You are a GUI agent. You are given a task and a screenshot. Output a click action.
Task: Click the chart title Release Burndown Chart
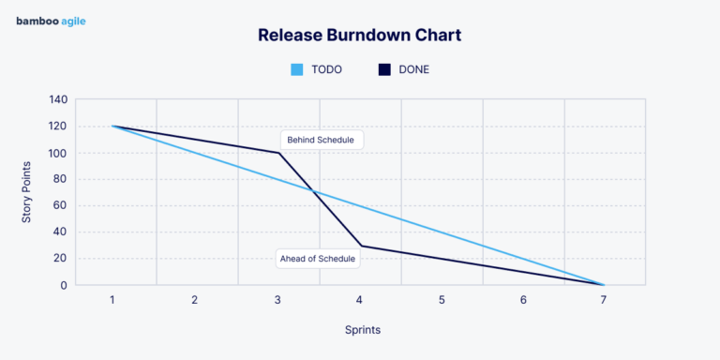360,36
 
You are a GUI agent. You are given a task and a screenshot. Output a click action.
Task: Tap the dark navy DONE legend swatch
384,69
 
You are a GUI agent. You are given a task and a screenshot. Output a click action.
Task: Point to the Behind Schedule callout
321,140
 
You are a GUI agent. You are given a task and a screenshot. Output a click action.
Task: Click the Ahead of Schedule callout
318,259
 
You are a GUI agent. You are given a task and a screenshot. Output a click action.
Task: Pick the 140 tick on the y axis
58,99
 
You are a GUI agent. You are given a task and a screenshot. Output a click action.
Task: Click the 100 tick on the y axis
58,153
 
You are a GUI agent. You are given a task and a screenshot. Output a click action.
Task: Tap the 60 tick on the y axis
60,205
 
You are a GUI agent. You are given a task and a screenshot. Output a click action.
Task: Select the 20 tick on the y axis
60,259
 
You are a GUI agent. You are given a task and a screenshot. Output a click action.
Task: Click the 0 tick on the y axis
64,285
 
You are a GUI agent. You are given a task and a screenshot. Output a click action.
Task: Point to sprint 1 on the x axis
112,300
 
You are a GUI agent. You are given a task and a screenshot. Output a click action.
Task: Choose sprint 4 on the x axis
359,300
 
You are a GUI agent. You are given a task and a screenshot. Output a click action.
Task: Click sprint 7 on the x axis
605,300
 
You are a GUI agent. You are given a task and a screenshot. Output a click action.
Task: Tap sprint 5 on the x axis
441,300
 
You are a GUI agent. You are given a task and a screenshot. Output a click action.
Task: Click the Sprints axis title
360,330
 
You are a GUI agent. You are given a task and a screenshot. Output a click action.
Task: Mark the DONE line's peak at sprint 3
278,153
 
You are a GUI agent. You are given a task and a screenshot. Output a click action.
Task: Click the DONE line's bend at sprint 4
360,246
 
